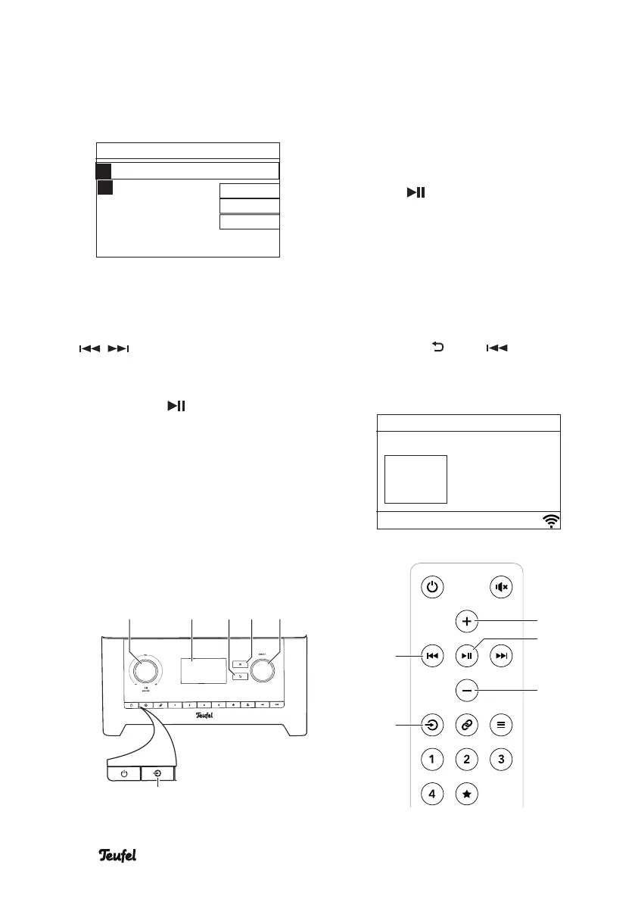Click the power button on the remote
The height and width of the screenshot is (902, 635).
[x=431, y=586]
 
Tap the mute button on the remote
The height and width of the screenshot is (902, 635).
[x=503, y=586]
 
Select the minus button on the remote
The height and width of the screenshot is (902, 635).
[x=467, y=690]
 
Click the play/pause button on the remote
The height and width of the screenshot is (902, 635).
[x=467, y=656]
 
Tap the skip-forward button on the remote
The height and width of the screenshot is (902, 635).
[x=503, y=656]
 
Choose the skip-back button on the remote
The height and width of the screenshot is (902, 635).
[x=431, y=656]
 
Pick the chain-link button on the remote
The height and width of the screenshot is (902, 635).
[x=467, y=724]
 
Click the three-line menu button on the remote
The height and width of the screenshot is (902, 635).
[x=503, y=724]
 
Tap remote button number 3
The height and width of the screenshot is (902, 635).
[x=503, y=759]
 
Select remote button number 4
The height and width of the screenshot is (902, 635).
[x=431, y=794]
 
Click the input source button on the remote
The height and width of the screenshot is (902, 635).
[x=431, y=724]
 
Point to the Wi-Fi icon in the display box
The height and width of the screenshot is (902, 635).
[x=551, y=520]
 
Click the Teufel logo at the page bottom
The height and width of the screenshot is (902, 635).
[x=121, y=855]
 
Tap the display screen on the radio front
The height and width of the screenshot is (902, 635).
[x=204, y=669]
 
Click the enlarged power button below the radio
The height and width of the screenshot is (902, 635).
[x=123, y=774]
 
